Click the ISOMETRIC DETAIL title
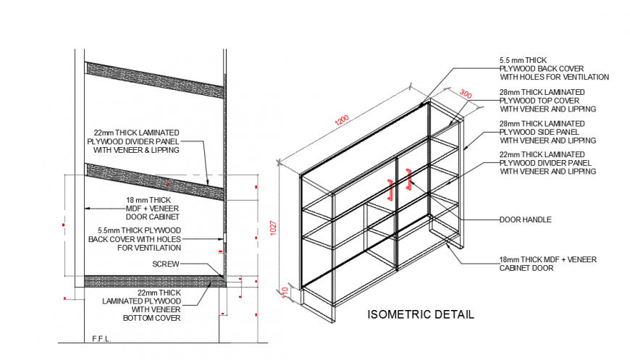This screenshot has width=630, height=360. tap(421, 314)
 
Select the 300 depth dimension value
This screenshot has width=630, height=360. tap(465, 95)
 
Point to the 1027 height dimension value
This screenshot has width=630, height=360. tap(273, 227)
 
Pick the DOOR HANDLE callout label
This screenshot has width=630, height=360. tap(525, 219)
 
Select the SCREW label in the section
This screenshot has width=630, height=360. tap(165, 264)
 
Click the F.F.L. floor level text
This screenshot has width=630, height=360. tap(101, 338)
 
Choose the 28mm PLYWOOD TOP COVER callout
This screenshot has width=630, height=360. tap(547, 101)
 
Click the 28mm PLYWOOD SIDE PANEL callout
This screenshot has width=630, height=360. tap(547, 132)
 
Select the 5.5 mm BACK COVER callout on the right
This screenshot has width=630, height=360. tap(553, 68)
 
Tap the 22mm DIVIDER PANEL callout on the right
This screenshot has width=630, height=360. tap(547, 163)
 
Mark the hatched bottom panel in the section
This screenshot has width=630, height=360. tap(153, 281)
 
